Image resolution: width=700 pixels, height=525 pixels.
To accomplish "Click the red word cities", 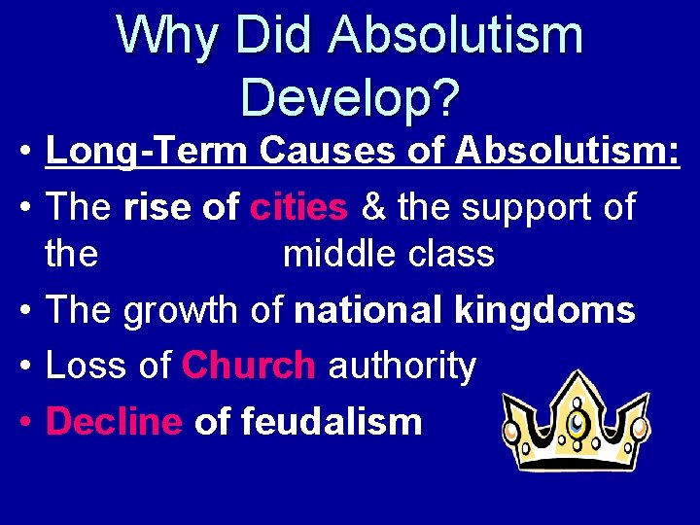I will point(298,206).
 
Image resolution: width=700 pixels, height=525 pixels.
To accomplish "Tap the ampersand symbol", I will point(372,206).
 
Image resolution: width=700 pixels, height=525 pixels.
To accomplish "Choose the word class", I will point(453,255).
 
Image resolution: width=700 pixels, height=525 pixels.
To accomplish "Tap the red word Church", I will point(248,366).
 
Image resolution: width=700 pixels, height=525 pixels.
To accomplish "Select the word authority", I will point(402,366).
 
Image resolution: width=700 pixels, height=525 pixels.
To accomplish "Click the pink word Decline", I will point(114,422).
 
